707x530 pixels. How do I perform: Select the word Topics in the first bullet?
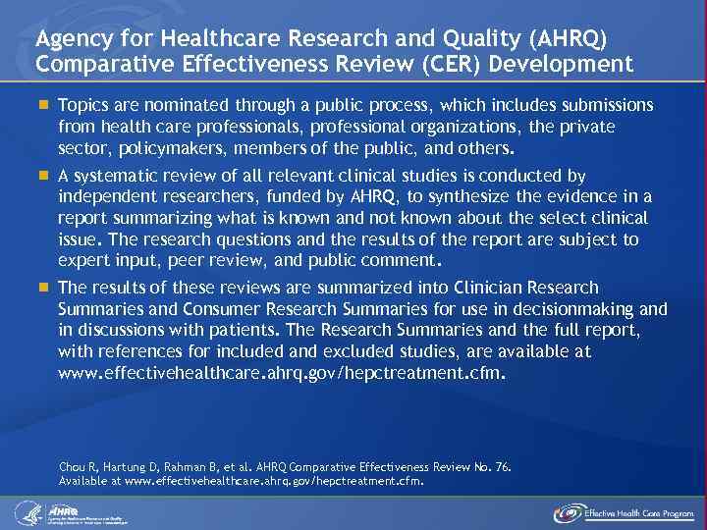coord(83,105)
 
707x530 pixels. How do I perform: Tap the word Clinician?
coord(493,288)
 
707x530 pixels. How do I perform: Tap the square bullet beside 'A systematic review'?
coord(43,176)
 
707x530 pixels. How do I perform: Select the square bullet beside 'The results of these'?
coord(43,288)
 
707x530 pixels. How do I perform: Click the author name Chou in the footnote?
coord(75,468)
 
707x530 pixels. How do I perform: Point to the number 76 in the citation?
coord(501,468)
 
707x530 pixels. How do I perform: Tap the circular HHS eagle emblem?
coord(27,511)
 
